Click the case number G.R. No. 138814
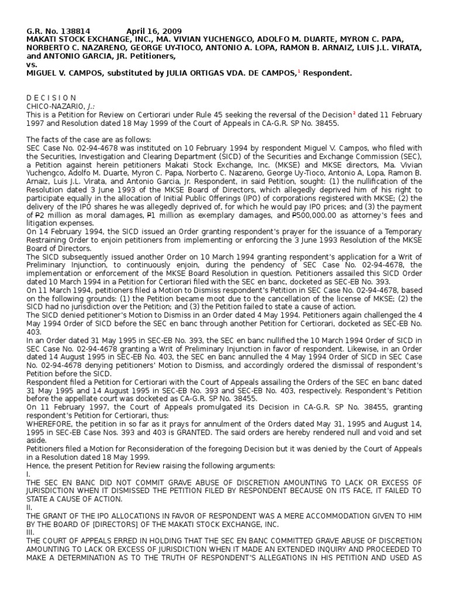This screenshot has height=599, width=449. click(57, 31)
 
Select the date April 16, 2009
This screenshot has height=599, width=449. click(154, 31)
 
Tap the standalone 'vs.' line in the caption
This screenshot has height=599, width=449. click(32, 64)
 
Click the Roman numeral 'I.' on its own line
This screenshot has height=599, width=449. click(28, 473)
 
